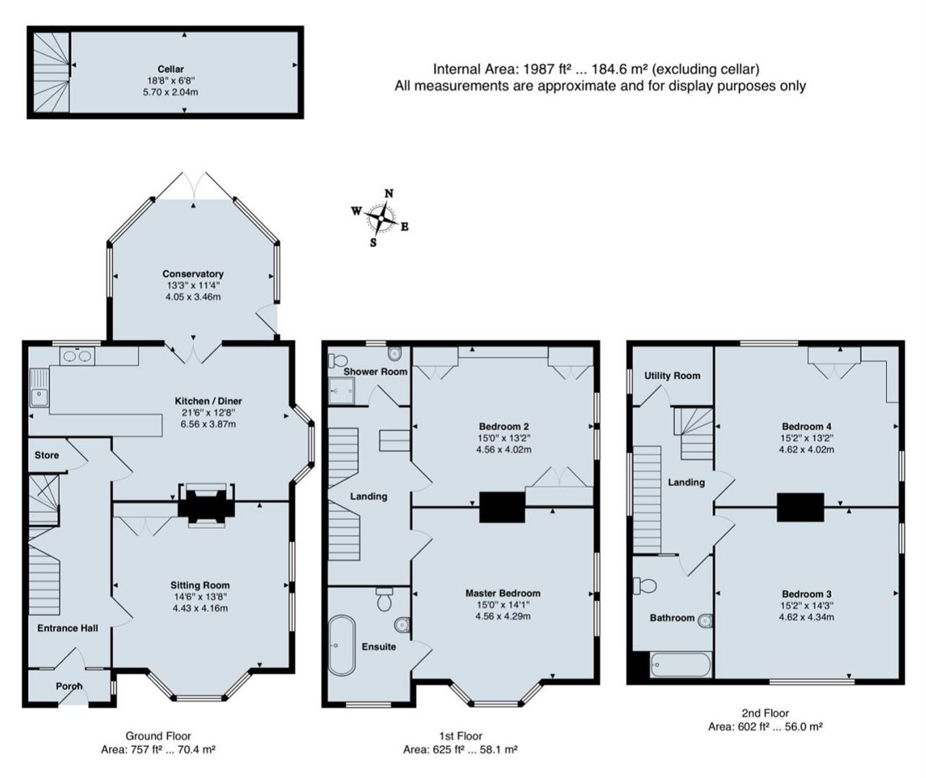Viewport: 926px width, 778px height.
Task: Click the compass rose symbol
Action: (x=380, y=217)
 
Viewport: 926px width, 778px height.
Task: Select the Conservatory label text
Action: (x=193, y=274)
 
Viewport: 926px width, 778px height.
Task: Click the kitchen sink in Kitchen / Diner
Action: (x=38, y=394)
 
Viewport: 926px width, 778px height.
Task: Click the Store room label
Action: (x=47, y=455)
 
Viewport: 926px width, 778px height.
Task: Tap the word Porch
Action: (x=69, y=686)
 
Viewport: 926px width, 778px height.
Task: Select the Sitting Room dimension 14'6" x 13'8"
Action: (x=200, y=596)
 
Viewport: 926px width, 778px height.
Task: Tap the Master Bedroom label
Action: (x=503, y=593)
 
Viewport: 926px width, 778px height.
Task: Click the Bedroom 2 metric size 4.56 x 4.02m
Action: (x=503, y=450)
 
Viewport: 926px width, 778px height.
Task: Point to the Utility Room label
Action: (x=672, y=375)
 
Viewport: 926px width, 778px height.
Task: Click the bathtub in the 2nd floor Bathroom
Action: (x=680, y=664)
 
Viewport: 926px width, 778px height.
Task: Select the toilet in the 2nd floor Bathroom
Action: (x=646, y=586)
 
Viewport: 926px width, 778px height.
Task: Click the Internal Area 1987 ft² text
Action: (x=596, y=69)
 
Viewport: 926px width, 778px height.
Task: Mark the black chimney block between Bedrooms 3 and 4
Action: (x=800, y=507)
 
